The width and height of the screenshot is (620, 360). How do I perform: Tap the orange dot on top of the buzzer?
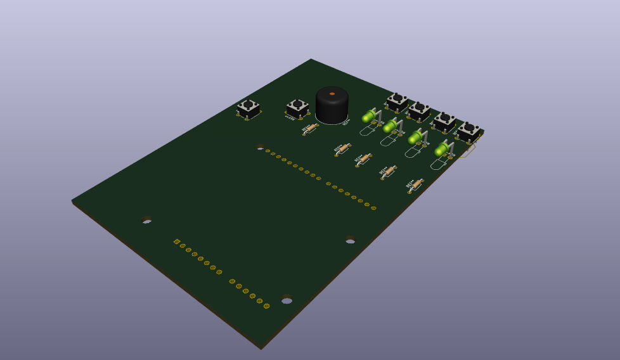(x=332, y=94)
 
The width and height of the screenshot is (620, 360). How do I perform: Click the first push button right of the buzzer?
(x=397, y=101)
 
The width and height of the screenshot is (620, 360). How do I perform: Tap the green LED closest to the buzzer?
(x=368, y=117)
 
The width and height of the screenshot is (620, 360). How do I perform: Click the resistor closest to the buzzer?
(x=310, y=128)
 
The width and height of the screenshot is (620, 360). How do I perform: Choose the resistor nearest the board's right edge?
(x=415, y=184)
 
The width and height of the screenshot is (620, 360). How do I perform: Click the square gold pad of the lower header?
(x=177, y=241)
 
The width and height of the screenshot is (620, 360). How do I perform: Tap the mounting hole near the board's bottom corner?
(x=287, y=299)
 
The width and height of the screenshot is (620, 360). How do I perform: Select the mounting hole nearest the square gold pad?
(x=146, y=220)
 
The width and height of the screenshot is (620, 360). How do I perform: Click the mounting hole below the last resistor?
(x=350, y=239)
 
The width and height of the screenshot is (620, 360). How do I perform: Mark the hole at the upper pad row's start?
(x=260, y=146)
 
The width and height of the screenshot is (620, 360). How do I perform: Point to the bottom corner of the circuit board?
(x=261, y=347)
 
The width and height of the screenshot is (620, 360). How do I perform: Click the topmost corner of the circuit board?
(x=311, y=60)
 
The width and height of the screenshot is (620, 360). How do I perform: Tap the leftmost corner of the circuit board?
(x=72, y=201)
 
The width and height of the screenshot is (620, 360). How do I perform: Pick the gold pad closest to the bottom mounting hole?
(x=266, y=306)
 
